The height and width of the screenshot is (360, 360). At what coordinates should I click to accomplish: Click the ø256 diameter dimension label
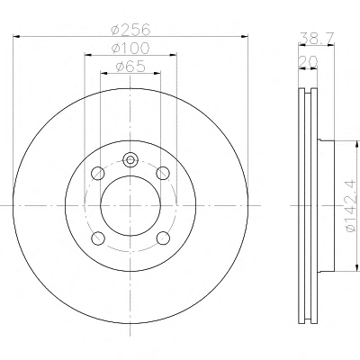(130, 30)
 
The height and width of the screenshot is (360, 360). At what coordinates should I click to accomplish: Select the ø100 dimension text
(130, 48)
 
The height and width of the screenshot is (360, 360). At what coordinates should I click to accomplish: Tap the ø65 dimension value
(130, 67)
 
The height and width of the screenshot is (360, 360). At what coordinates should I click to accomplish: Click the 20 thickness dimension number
(308, 62)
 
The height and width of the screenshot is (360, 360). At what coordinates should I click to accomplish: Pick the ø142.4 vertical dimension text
(352, 205)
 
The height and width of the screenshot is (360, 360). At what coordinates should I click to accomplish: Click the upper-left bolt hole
(98, 174)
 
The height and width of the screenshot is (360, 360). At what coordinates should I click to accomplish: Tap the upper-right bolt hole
(163, 173)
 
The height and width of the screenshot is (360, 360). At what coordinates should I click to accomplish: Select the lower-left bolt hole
(98, 238)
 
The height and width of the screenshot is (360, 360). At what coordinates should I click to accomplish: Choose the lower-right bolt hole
(163, 238)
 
